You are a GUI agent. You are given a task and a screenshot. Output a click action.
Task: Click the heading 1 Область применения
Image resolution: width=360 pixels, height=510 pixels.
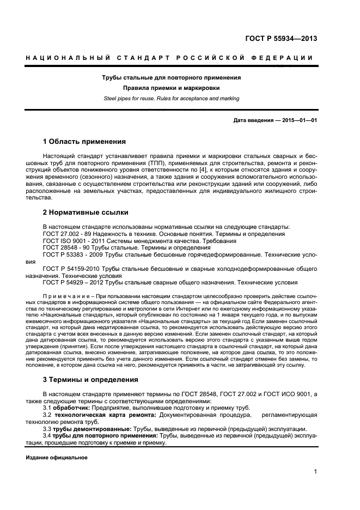[84, 142]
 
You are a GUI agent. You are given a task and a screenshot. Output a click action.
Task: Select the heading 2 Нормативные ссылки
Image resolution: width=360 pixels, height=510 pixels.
[86, 212]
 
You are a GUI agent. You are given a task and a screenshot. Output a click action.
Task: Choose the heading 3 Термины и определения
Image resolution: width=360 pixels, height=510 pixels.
[90, 379]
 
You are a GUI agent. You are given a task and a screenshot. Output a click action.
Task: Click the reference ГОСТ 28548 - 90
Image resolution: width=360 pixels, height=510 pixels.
[64, 247]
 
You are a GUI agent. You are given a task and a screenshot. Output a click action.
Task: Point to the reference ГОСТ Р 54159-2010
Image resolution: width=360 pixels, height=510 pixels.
[71, 269]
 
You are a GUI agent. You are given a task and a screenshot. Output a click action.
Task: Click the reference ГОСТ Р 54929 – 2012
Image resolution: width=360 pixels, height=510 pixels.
[72, 282]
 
